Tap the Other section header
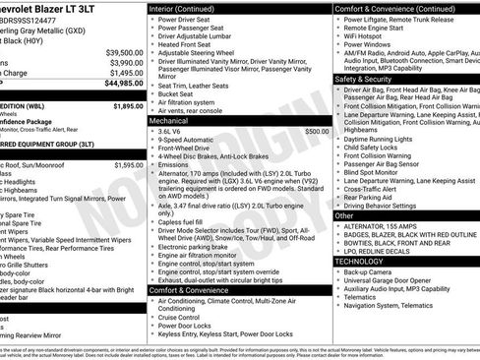point(345,215)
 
